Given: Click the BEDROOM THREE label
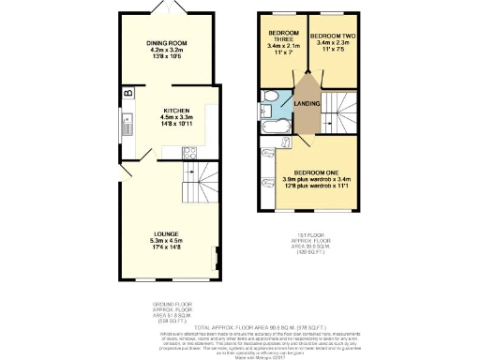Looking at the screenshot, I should point(282,34).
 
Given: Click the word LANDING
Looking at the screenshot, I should point(307,104).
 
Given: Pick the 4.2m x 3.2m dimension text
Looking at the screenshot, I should point(169,52).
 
